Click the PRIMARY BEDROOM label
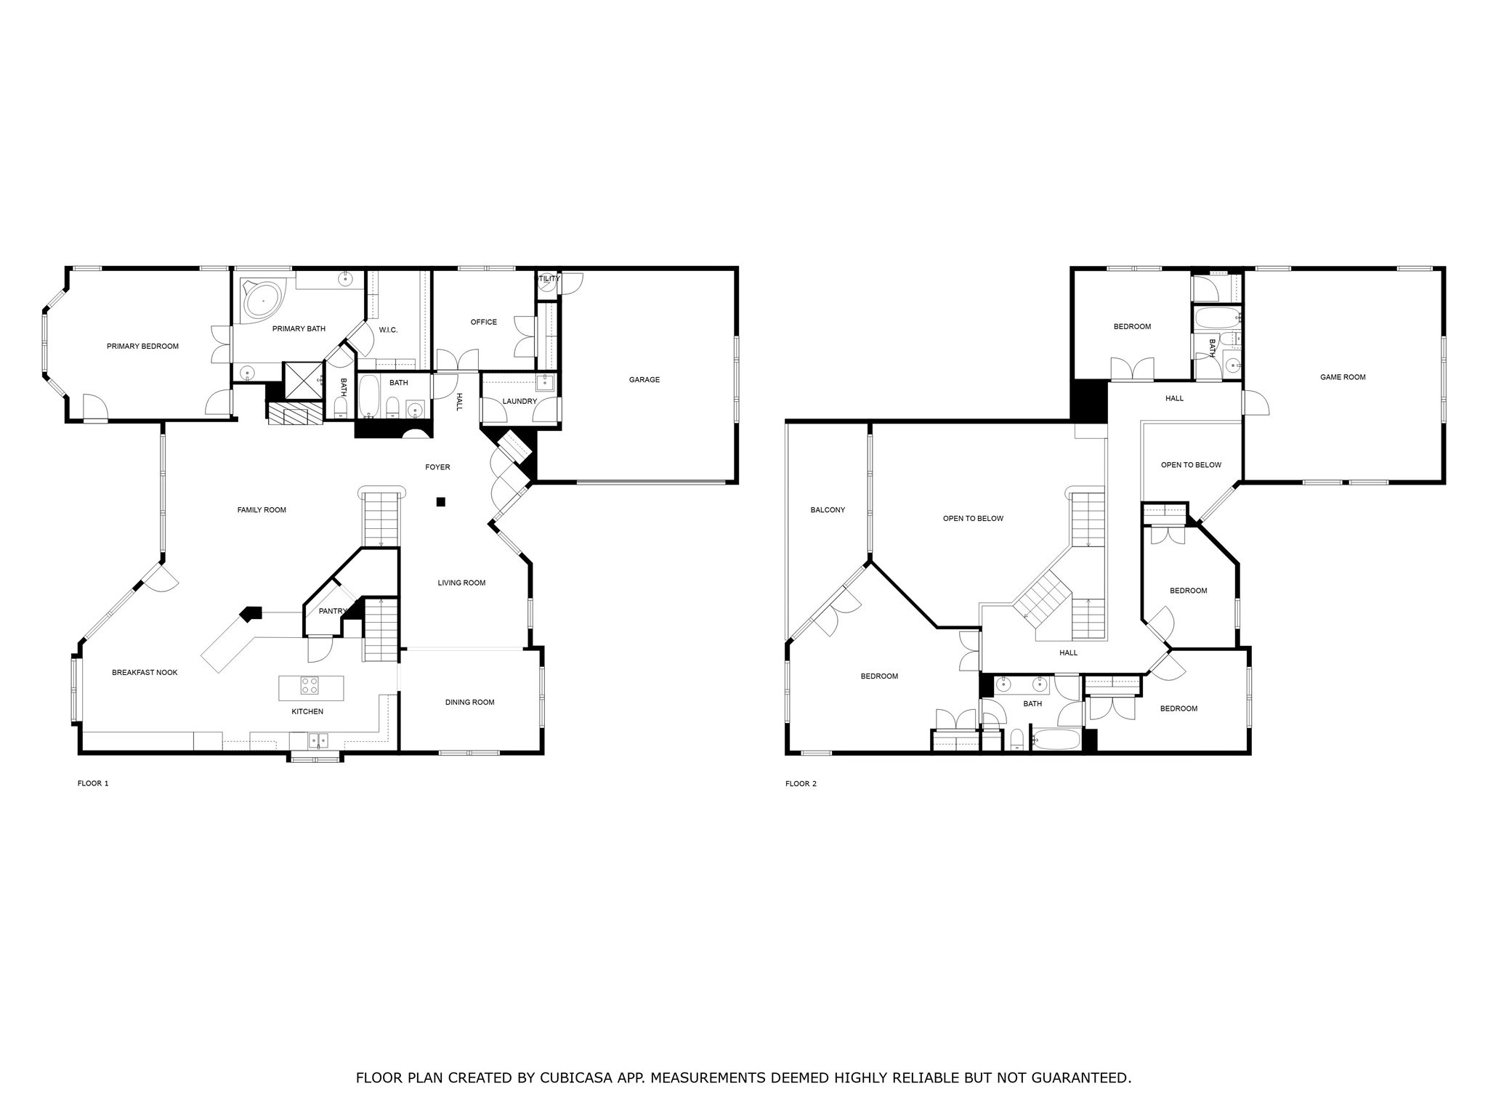(142, 347)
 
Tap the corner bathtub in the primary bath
(262, 300)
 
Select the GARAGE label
(644, 380)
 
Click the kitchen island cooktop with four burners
(310, 685)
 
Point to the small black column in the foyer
(440, 501)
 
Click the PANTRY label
(332, 612)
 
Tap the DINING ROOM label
(469, 703)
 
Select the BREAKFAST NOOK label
(145, 673)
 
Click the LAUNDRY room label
(519, 402)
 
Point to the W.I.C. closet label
(388, 331)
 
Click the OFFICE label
(483, 323)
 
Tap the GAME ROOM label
(1343, 377)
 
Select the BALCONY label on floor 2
(828, 510)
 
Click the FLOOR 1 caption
(93, 784)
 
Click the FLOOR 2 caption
(801, 784)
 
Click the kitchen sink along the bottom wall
(318, 740)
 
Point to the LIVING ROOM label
(461, 583)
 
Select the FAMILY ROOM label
(262, 510)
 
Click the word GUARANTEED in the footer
(1076, 1078)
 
